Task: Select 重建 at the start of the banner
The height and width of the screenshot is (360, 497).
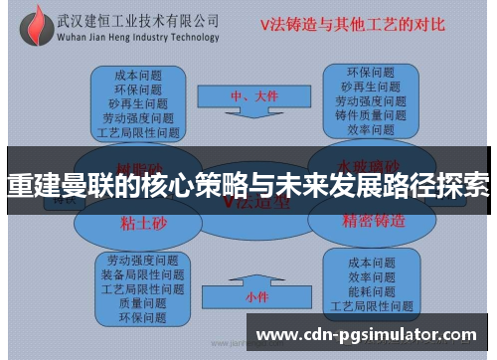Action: coord(30,185)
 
